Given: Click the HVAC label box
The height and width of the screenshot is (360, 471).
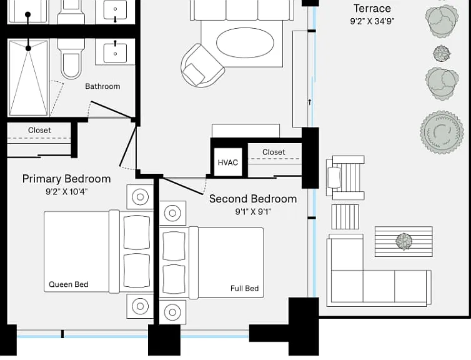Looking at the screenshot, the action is click(x=228, y=162).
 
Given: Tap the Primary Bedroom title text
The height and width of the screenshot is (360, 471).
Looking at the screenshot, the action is click(x=66, y=179).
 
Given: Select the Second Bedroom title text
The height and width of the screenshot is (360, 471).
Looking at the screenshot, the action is click(x=253, y=199).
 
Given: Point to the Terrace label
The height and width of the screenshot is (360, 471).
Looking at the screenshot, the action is click(x=372, y=8).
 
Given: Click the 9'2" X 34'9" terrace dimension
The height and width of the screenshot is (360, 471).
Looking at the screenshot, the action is click(x=372, y=21).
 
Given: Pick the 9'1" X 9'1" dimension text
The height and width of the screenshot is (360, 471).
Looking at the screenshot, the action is click(x=253, y=212).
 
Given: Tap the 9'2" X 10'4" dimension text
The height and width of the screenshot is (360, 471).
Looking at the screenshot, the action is click(x=66, y=192).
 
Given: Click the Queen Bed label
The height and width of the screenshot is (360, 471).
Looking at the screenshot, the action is click(x=69, y=284).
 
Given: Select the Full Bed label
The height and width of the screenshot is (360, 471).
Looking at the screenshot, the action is click(x=244, y=289).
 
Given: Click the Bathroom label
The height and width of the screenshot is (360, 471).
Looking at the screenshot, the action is click(x=102, y=86).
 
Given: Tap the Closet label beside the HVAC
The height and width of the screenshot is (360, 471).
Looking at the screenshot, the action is click(x=274, y=152).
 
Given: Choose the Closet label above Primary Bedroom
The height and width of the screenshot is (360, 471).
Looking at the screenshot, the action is click(x=39, y=130).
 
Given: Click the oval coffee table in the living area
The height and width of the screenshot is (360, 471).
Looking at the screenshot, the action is click(x=245, y=42).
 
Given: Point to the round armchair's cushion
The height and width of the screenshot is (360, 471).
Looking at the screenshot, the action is click(x=194, y=74).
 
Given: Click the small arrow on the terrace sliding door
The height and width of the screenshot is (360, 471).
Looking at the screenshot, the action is click(x=310, y=102).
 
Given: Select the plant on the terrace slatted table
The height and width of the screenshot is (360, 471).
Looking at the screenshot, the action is click(x=404, y=241).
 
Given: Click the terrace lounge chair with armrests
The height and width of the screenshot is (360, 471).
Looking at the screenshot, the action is click(x=345, y=178).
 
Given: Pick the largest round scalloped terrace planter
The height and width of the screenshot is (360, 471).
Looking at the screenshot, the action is click(x=442, y=132).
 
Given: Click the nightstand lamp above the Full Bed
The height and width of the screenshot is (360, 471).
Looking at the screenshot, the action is click(x=172, y=212).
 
